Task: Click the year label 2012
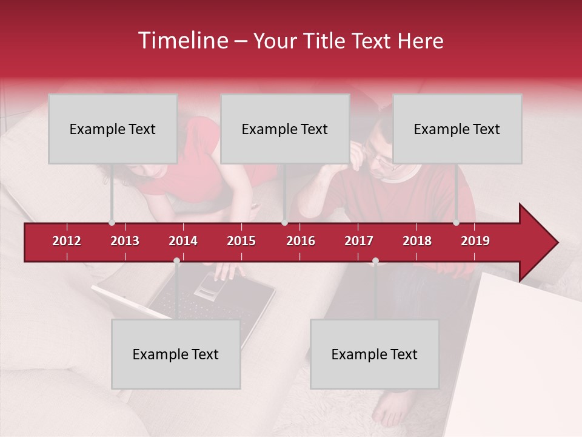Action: pyautogui.click(x=67, y=241)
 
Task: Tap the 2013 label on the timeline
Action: pyautogui.click(x=125, y=241)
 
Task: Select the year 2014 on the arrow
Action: pyautogui.click(x=183, y=241)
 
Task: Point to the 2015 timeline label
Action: pyautogui.click(x=241, y=241)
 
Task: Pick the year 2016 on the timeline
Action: pyautogui.click(x=301, y=241)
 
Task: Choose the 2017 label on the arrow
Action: pyautogui.click(x=359, y=241)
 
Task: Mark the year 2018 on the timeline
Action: pyautogui.click(x=417, y=241)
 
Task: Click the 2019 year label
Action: pyautogui.click(x=475, y=241)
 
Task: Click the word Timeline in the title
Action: pyautogui.click(x=182, y=41)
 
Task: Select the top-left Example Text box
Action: pyautogui.click(x=113, y=129)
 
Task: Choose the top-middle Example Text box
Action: pyautogui.click(x=285, y=129)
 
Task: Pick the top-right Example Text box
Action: pyautogui.click(x=457, y=129)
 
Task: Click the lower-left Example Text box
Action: pyautogui.click(x=176, y=354)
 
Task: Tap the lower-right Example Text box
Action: pyautogui.click(x=375, y=354)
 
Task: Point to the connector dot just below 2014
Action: pyautogui.click(x=176, y=261)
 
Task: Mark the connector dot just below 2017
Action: pyautogui.click(x=375, y=261)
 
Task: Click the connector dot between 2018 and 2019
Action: pyautogui.click(x=457, y=222)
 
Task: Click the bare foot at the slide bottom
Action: pyautogui.click(x=390, y=410)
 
